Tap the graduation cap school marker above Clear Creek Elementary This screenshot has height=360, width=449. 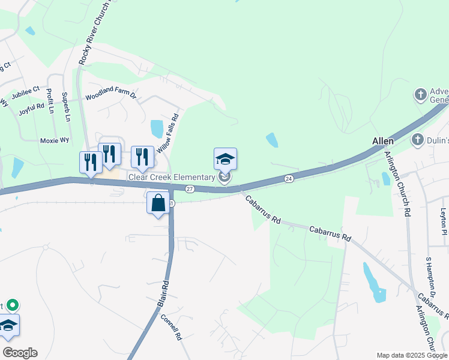click(x=225, y=159)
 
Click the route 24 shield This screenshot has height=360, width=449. click(x=289, y=178)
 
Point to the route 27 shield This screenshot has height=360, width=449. click(x=190, y=188)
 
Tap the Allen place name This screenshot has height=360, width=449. click(x=382, y=141)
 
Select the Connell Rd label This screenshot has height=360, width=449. click(x=172, y=326)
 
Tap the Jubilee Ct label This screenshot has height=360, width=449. click(x=29, y=89)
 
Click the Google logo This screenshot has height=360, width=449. click(x=19, y=352)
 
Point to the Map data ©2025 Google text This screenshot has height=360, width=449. click(x=412, y=355)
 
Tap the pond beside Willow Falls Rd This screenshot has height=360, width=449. click(x=157, y=128)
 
